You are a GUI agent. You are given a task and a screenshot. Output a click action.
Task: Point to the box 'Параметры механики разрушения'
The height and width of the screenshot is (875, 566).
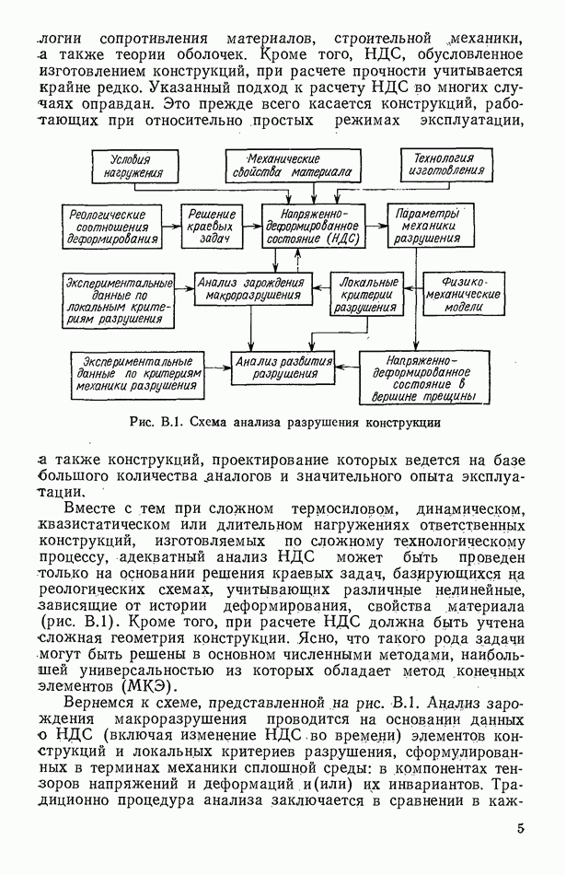point(426,225)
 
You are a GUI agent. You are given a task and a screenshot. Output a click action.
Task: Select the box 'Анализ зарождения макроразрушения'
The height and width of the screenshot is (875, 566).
point(249,289)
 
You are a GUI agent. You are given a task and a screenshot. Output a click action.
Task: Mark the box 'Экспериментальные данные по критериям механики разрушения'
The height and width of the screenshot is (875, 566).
point(136,374)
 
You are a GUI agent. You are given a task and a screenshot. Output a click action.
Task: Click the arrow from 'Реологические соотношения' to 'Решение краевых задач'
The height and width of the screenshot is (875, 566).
point(168,225)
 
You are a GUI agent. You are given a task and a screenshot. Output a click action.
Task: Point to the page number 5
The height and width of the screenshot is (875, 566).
point(521,829)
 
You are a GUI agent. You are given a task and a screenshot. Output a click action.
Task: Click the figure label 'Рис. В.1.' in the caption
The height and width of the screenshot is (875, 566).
point(155,424)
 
